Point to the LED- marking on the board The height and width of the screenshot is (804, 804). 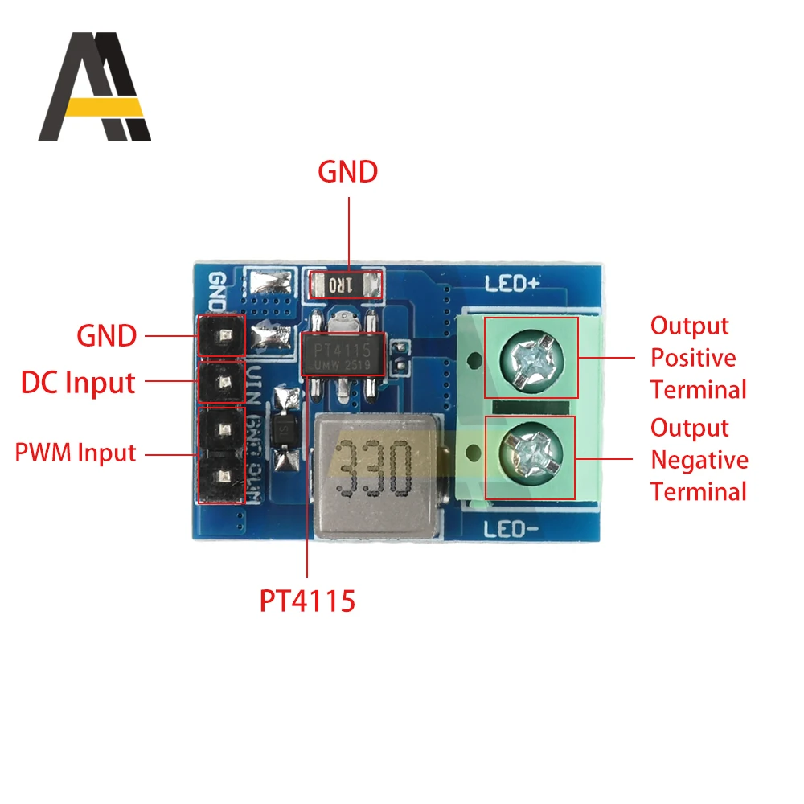point(511,528)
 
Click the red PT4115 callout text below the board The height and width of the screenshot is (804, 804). point(306,601)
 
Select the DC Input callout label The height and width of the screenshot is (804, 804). point(77,383)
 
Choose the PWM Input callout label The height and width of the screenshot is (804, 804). point(76,453)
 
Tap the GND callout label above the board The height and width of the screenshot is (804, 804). point(347,172)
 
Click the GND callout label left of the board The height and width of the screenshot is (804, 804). point(106,336)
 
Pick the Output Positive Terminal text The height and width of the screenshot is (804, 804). point(698,358)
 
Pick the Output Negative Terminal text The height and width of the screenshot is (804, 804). point(699,460)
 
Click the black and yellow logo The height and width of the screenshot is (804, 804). point(95,87)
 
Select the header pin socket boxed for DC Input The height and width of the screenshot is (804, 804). point(222,383)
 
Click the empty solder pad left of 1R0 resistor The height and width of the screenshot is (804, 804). point(272,283)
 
